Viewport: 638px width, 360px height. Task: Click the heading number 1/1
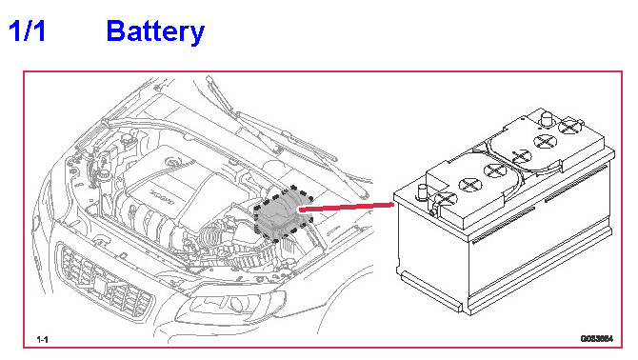[x=27, y=30]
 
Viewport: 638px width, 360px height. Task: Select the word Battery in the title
[x=155, y=31]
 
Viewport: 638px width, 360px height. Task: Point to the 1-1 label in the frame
[x=42, y=339]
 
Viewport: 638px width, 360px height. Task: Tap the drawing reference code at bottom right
[x=596, y=338]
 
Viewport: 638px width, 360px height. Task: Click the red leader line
[x=347, y=208]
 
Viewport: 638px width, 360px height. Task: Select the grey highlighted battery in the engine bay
[x=283, y=214]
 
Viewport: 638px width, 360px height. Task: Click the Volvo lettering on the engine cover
[x=161, y=196]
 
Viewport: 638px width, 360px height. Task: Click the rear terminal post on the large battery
[x=547, y=119]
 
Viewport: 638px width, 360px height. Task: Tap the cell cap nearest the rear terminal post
[x=545, y=141]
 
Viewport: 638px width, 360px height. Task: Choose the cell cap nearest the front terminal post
[x=447, y=199]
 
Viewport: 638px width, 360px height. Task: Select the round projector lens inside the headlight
[x=237, y=304]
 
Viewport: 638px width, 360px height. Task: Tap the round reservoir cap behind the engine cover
[x=129, y=137]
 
